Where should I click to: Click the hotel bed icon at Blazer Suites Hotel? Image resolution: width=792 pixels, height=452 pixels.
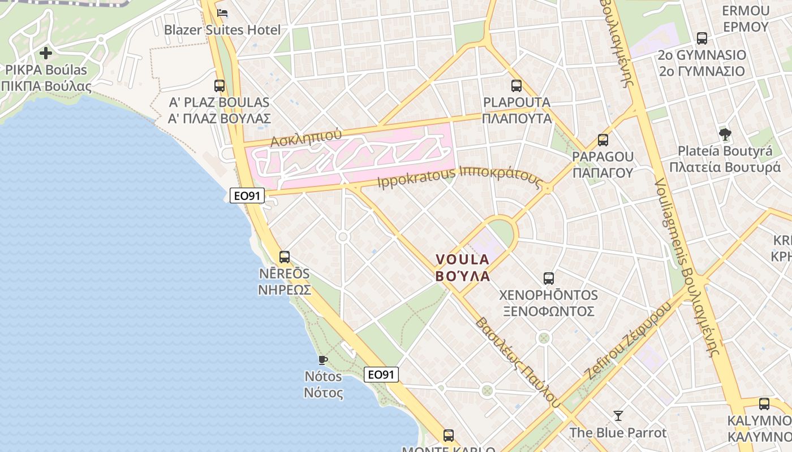222,13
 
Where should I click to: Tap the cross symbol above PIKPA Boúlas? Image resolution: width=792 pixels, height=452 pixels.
46,54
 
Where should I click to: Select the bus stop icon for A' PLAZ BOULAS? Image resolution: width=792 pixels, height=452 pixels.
219,86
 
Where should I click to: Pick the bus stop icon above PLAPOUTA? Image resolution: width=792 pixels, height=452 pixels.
516,86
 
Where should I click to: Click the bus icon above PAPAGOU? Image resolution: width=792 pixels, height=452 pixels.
603,140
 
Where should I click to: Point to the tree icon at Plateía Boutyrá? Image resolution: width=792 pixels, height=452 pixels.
725,134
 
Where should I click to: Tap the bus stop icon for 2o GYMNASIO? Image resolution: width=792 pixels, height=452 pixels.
702,38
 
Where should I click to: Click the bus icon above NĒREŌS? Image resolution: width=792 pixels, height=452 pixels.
285,257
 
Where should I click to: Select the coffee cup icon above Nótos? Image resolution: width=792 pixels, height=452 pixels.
323,359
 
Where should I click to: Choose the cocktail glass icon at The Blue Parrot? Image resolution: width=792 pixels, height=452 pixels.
618,416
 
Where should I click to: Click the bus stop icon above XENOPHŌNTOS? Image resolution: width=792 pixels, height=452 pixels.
549,278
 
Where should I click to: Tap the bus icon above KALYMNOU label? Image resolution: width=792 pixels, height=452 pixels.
764,404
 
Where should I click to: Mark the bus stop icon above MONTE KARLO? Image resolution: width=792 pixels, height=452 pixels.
449,436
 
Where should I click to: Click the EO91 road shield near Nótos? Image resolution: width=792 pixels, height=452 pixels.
381,374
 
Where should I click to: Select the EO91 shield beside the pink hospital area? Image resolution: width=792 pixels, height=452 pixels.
248,195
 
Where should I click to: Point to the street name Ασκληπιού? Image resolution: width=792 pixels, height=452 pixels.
306,138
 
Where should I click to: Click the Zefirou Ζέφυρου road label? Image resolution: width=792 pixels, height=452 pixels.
628,341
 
